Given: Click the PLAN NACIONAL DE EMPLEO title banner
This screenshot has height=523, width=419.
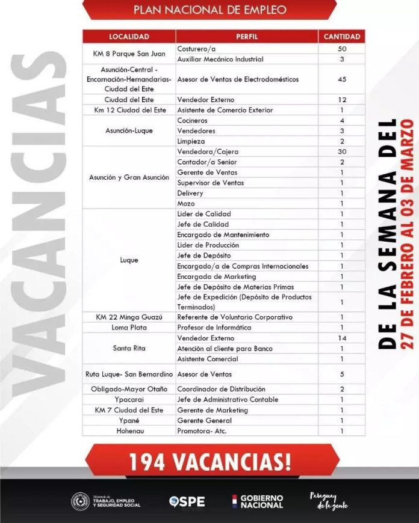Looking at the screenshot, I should tap(209, 10).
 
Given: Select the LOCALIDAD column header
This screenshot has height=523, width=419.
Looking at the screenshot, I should tap(129, 37).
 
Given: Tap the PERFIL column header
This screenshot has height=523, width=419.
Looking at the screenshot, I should tap(247, 37).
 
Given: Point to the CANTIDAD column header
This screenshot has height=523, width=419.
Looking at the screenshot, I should tap(341, 37).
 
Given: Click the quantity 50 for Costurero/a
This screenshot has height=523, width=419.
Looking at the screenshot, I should tap(341, 48).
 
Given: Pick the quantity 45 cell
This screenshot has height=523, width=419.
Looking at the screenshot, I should tap(341, 79).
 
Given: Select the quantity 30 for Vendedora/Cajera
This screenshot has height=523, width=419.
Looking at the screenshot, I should tap(341, 151).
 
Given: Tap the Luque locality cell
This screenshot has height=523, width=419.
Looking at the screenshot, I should tap(129, 260).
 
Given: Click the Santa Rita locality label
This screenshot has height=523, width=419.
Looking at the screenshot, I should tap(129, 348).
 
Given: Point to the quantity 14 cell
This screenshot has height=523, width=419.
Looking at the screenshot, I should tap(341, 338).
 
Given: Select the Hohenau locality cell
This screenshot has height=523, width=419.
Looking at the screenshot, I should tap(129, 431).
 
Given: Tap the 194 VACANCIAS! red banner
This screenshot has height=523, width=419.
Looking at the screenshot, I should tap(209, 461).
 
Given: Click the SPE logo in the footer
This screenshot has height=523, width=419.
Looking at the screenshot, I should tap(187, 501).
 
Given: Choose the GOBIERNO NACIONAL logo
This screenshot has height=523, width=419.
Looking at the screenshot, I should tap(257, 501).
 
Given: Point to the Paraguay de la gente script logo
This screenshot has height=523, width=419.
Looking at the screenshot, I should tap(329, 501).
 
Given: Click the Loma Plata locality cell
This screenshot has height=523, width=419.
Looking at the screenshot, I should tap(129, 328).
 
